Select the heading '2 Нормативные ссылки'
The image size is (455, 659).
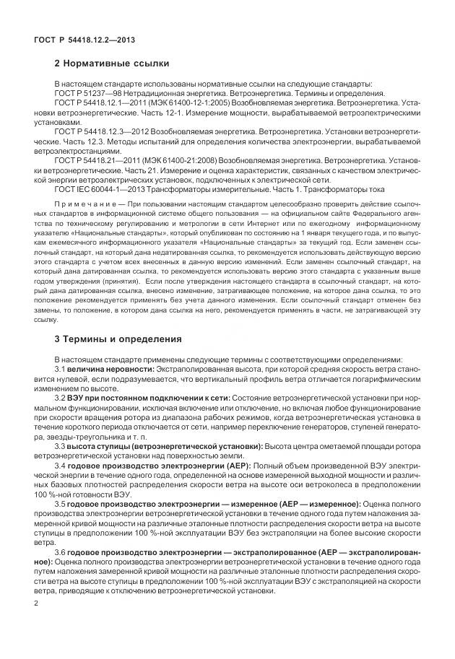pyautogui.click(x=112, y=64)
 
